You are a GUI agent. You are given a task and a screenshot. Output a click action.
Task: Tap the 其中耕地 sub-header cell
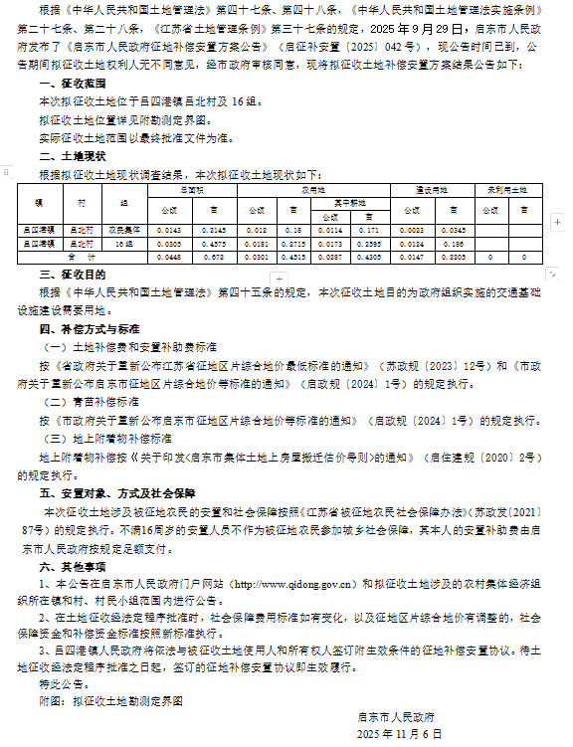(x=342, y=200)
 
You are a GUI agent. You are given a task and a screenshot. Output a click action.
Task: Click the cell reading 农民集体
(x=124, y=230)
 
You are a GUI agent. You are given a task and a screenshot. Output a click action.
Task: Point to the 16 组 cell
(x=124, y=243)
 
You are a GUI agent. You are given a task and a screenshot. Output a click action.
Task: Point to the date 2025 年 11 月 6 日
(x=398, y=733)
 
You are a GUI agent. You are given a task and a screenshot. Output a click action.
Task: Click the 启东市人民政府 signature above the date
(x=397, y=716)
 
